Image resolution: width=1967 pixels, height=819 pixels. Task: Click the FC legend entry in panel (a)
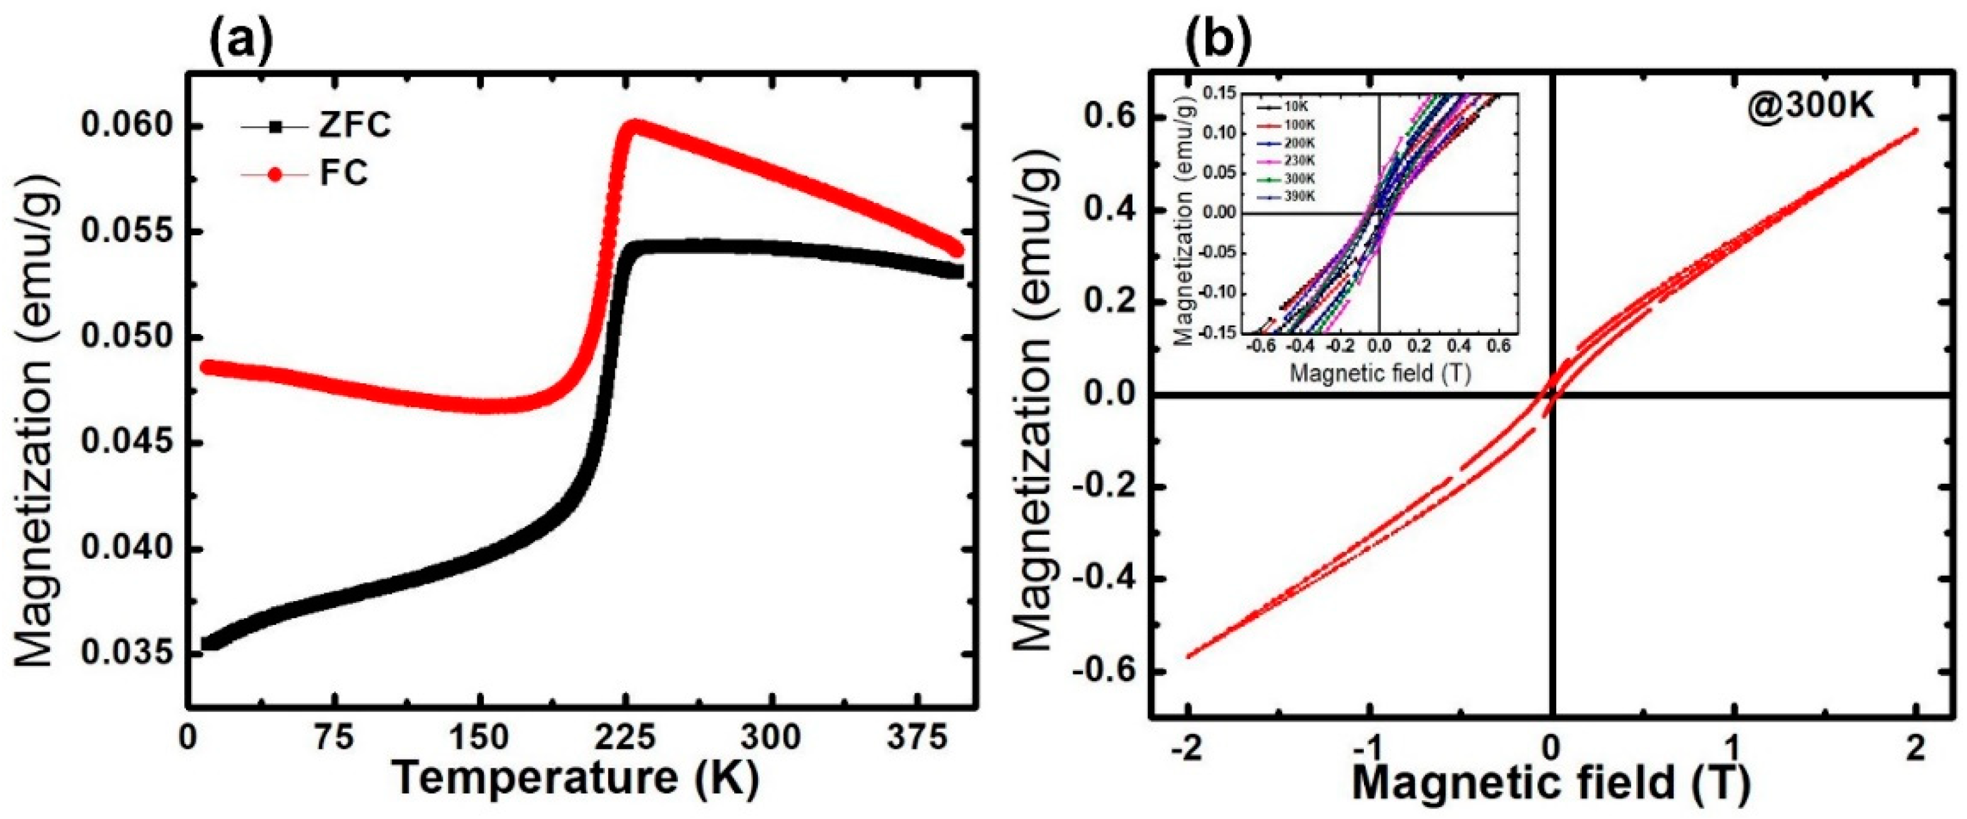pyautogui.click(x=343, y=174)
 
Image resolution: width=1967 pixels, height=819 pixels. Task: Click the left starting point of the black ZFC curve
pyautogui.click(x=208, y=644)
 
